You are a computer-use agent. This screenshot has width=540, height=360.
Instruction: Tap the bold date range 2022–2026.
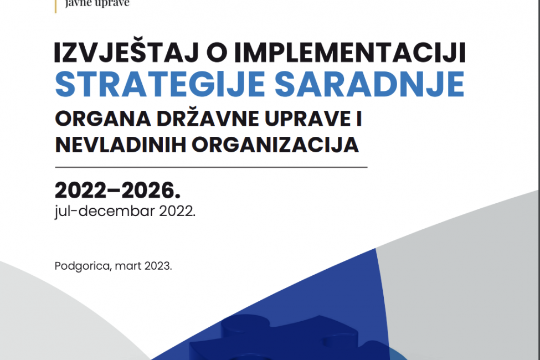(x=117, y=191)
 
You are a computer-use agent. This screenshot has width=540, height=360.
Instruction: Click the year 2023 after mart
(x=158, y=266)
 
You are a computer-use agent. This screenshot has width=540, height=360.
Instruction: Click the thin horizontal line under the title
(x=210, y=167)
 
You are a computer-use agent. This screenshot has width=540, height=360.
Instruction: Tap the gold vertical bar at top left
(x=56, y=4)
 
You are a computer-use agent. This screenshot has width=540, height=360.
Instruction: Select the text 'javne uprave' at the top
(x=97, y=3)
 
